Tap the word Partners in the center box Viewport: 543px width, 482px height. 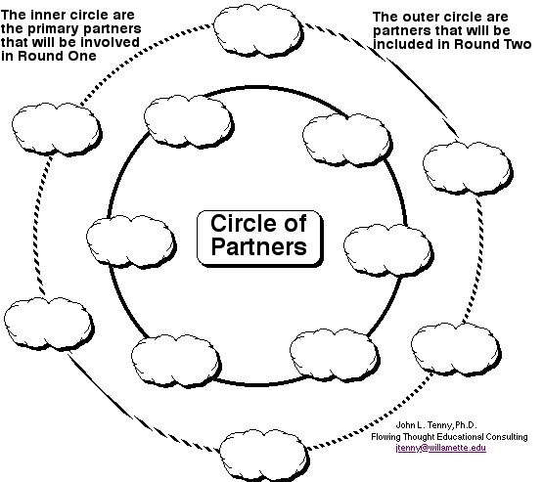[258, 246]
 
